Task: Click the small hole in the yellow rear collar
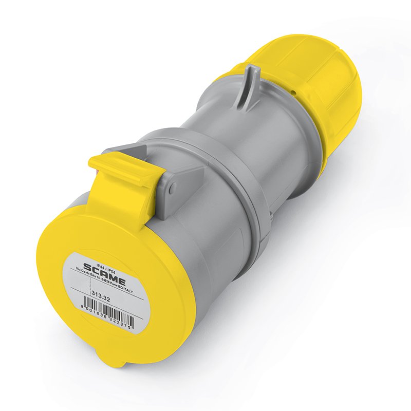293,93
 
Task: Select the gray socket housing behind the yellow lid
216,241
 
